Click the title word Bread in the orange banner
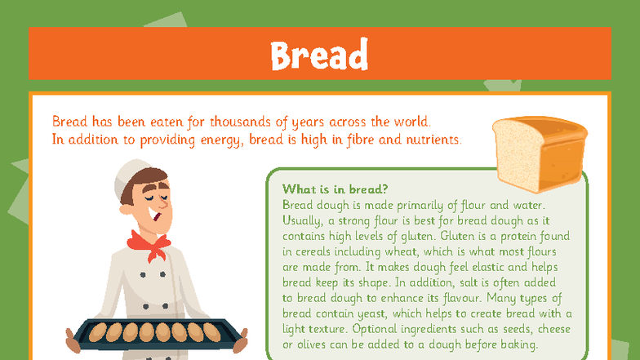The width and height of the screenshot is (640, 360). click(319, 55)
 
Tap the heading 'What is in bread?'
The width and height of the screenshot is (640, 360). click(334, 189)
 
